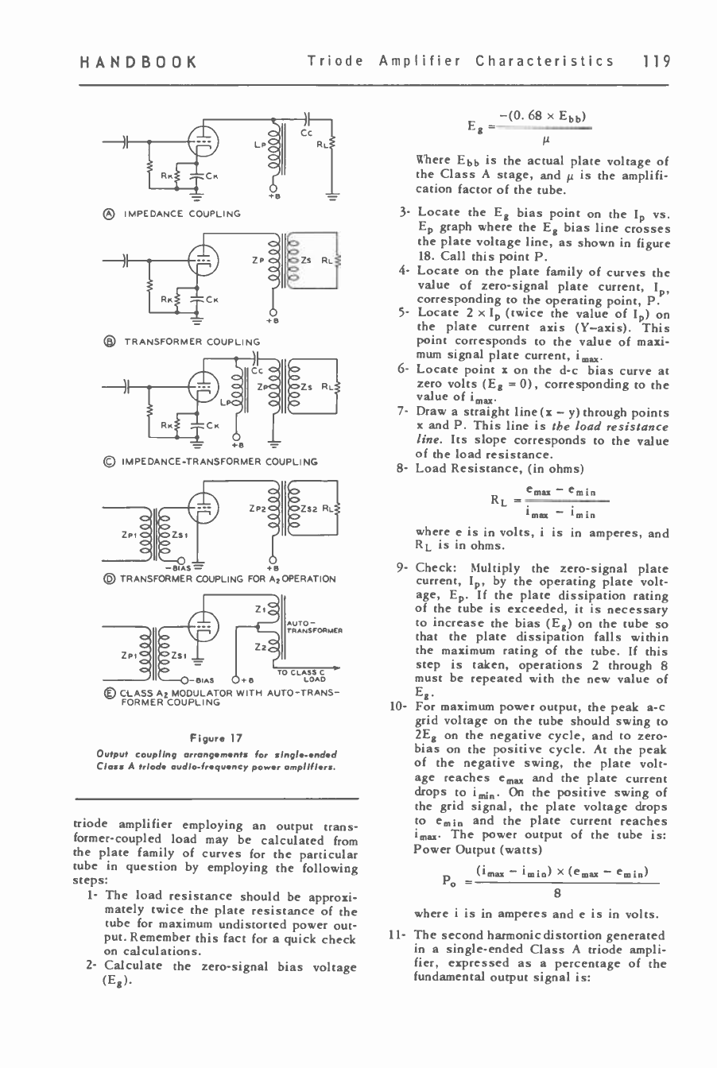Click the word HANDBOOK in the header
coord(133,61)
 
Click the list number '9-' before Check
coord(401,568)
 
